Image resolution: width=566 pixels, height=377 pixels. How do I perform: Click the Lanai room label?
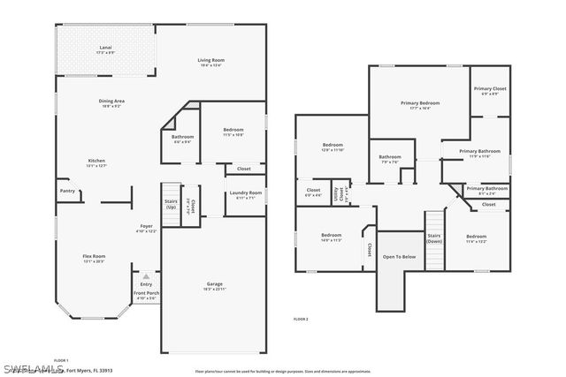(105, 50)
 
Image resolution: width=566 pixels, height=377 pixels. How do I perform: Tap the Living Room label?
(210, 61)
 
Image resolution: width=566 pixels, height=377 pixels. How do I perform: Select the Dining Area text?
(111, 102)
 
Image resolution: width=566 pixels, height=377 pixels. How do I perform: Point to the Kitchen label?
(96, 162)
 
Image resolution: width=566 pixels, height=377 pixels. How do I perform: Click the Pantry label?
(67, 191)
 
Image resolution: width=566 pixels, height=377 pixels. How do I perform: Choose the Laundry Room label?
(245, 194)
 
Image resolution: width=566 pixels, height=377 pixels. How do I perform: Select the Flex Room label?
(94, 259)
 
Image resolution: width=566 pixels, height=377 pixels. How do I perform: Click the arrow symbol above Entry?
(146, 275)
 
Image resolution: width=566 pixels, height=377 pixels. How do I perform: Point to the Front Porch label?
(146, 295)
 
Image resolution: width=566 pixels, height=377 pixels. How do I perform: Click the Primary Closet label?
(489, 90)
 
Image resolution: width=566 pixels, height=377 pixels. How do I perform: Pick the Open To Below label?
(398, 257)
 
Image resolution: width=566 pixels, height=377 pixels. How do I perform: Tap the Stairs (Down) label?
(434, 238)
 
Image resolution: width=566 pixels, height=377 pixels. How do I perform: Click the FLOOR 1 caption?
(61, 359)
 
